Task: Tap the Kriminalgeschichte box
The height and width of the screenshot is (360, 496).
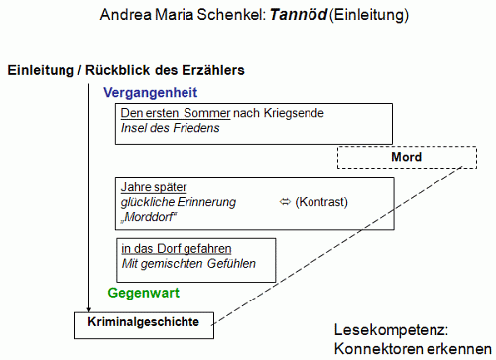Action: point(144,322)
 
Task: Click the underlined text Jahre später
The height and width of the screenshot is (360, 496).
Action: point(154,187)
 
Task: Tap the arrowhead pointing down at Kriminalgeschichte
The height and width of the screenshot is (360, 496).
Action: point(88,307)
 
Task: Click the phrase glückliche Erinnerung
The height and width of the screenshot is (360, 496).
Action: point(179,202)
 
